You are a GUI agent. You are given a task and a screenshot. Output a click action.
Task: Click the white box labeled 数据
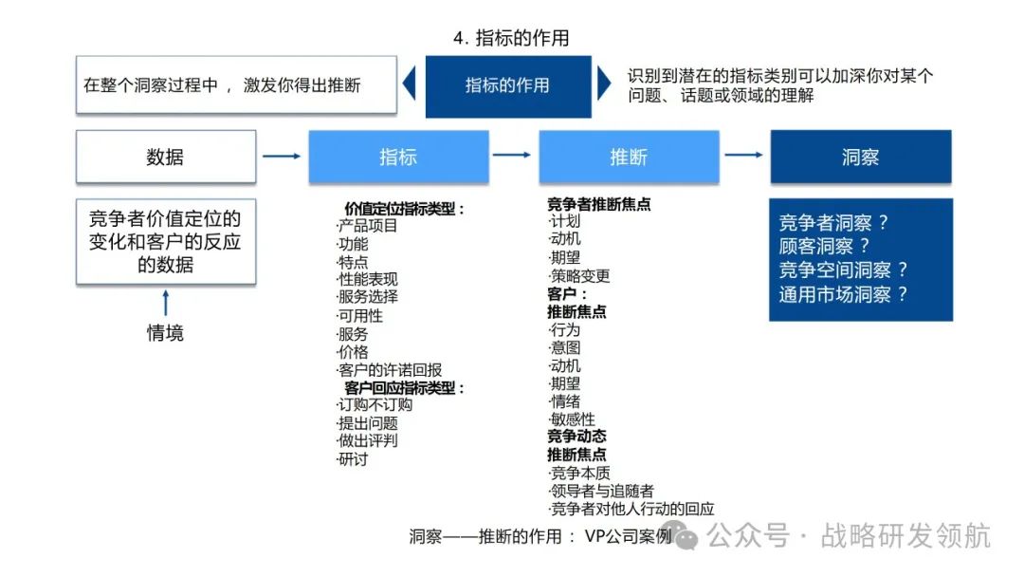[x=165, y=157]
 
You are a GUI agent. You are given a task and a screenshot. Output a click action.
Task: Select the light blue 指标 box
[x=398, y=157]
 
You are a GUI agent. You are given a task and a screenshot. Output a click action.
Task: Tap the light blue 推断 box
[x=629, y=157]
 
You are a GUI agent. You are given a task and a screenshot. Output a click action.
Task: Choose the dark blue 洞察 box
[x=860, y=157]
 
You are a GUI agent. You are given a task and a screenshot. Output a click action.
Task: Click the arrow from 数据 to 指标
[x=282, y=156]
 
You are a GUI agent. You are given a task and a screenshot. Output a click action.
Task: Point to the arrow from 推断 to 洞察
[x=743, y=155]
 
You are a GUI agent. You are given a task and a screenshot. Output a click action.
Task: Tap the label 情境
[x=165, y=333]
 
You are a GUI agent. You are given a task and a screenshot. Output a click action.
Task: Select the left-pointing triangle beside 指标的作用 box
[x=410, y=84]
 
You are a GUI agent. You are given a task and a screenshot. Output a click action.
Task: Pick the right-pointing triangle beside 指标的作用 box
[x=604, y=84]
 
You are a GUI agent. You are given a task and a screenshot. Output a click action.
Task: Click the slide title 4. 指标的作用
[x=511, y=39]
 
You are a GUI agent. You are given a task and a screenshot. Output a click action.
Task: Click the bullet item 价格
[x=353, y=352]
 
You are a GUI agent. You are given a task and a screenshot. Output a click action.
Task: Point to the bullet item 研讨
[x=353, y=459]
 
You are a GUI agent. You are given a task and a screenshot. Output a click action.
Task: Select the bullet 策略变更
[x=579, y=276]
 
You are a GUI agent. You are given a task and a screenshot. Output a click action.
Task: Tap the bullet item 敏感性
[x=573, y=419]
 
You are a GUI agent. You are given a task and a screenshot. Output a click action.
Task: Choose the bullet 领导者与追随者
[x=602, y=491]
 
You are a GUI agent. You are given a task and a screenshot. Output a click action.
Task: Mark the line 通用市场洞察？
[x=843, y=294]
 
